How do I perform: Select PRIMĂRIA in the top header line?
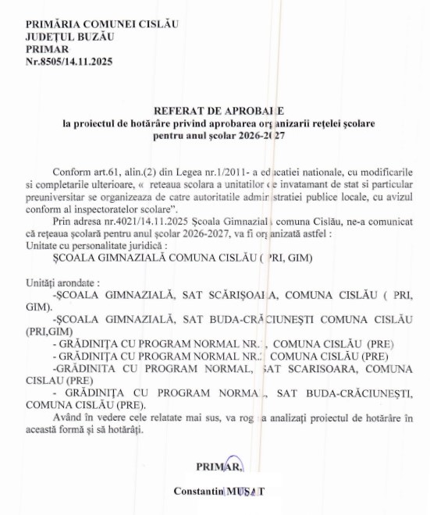[x=52, y=24]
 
